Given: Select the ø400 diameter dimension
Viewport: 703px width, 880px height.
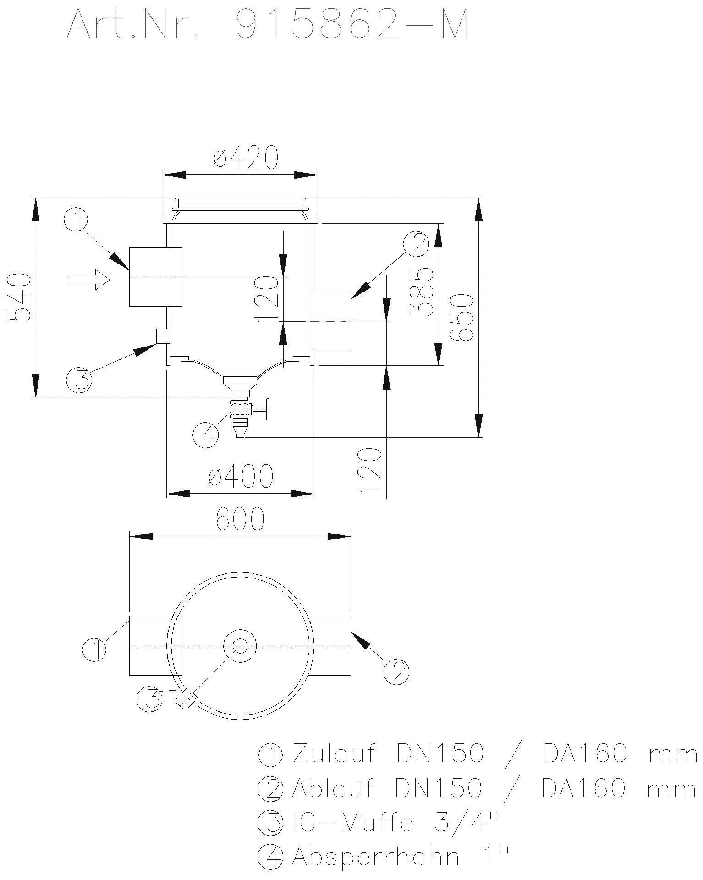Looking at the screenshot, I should pyautogui.click(x=241, y=477).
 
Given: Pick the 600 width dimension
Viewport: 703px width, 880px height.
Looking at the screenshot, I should pyautogui.click(x=240, y=519).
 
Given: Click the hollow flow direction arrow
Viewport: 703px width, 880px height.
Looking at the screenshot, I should pyautogui.click(x=89, y=279).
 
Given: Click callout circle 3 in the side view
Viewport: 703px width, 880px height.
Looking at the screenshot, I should pyautogui.click(x=79, y=379).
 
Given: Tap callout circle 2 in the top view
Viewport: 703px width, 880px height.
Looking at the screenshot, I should pyautogui.click(x=396, y=672).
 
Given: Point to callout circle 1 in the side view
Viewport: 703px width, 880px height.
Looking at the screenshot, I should pyautogui.click(x=76, y=220).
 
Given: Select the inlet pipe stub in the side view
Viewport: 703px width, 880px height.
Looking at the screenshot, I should pyautogui.click(x=155, y=277).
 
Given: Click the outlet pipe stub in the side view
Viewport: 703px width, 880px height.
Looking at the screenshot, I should pyautogui.click(x=330, y=321).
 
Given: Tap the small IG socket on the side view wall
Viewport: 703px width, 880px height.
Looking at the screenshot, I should pyautogui.click(x=162, y=336).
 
